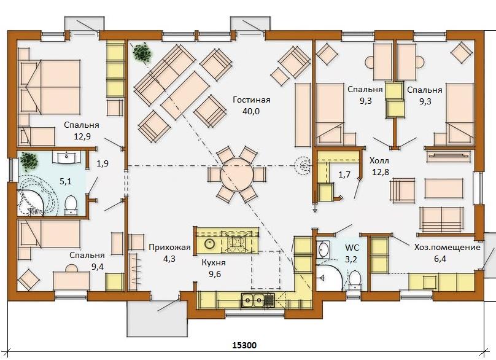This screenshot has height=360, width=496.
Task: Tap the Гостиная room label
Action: [x=252, y=100]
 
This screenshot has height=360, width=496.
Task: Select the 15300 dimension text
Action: [x=244, y=345]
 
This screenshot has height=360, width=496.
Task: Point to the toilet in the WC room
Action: [x=355, y=280]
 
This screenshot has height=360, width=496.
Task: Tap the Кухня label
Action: [x=214, y=263]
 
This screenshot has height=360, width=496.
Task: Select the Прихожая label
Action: [x=170, y=248]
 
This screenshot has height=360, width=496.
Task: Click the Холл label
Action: [x=379, y=160]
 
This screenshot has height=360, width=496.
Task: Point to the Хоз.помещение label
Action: [x=448, y=248]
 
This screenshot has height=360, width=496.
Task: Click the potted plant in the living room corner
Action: [x=142, y=53]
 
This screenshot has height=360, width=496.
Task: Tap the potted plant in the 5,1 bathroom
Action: [x=29, y=162]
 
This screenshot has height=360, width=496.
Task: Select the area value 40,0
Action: [x=251, y=111]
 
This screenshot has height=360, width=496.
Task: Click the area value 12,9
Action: [x=82, y=136]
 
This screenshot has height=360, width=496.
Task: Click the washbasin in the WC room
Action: [x=323, y=249]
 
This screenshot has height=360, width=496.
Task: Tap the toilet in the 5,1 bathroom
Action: [x=71, y=205]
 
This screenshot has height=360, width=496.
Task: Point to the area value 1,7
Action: [x=344, y=174]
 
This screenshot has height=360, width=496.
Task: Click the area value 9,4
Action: [x=98, y=267]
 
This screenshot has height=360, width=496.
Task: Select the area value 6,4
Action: [x=440, y=259]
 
